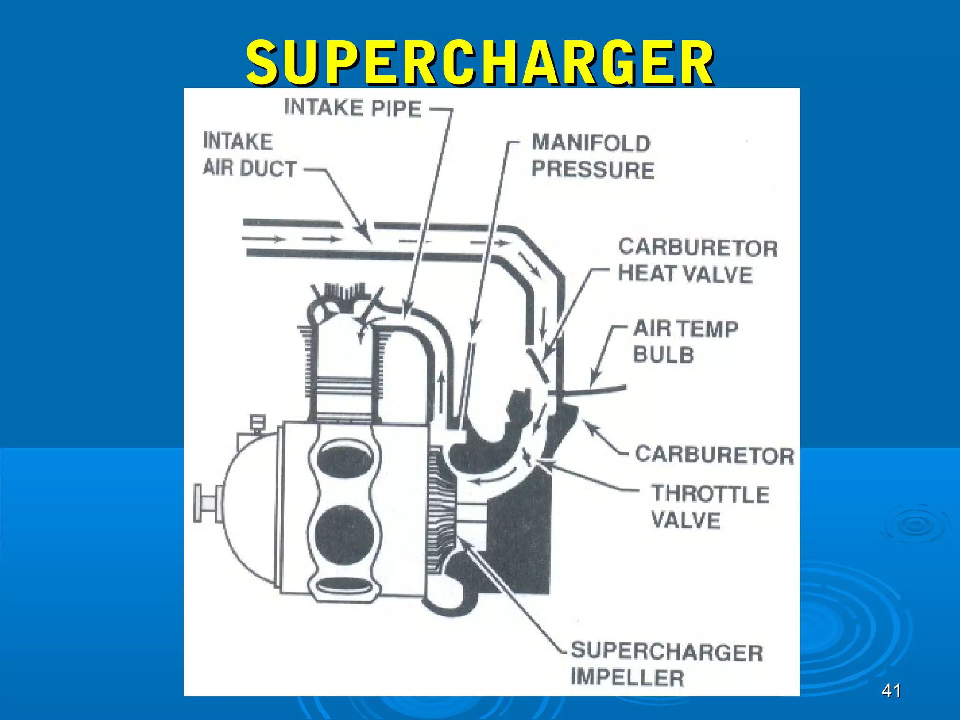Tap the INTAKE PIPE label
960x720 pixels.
[x=352, y=108]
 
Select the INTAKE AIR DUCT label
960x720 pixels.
[x=249, y=155]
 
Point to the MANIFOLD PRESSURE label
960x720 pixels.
[x=593, y=156]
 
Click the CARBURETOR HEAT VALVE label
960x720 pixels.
[x=697, y=261]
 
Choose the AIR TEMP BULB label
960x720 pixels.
[x=686, y=341]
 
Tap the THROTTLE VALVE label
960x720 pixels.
[x=710, y=507]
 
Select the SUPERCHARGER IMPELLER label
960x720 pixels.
[x=667, y=665]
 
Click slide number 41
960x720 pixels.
[x=891, y=691]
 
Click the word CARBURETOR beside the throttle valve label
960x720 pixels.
[x=714, y=455]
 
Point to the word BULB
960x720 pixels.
[x=663, y=355]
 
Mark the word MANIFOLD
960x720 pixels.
[x=591, y=143]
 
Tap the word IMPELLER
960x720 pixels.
[x=627, y=678]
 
